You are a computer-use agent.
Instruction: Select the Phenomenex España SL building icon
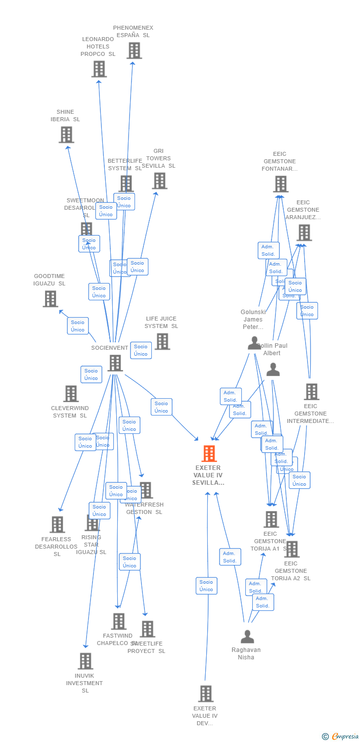(x=134, y=50)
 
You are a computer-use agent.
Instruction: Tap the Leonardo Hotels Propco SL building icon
(x=99, y=69)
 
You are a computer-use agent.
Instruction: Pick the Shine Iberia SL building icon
(x=66, y=135)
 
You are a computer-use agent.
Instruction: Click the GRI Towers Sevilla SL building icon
(x=160, y=181)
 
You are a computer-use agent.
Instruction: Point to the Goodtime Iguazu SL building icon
(x=50, y=299)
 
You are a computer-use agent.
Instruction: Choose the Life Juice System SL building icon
(x=162, y=341)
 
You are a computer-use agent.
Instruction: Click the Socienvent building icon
(x=115, y=363)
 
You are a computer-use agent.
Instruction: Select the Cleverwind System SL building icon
(x=71, y=394)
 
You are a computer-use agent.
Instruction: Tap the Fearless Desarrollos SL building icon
(x=57, y=525)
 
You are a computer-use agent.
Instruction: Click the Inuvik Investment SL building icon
(x=86, y=661)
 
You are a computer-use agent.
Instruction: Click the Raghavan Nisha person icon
(x=247, y=637)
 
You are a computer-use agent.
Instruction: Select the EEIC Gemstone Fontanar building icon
(x=280, y=184)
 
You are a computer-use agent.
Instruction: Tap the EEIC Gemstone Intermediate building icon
(x=312, y=392)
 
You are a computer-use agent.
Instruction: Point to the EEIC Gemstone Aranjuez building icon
(x=304, y=232)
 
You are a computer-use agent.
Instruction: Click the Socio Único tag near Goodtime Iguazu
(x=78, y=326)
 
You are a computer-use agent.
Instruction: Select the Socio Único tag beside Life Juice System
(x=141, y=350)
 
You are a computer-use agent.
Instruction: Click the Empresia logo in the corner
(x=341, y=737)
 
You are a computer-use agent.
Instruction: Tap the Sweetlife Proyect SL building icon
(x=147, y=629)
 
